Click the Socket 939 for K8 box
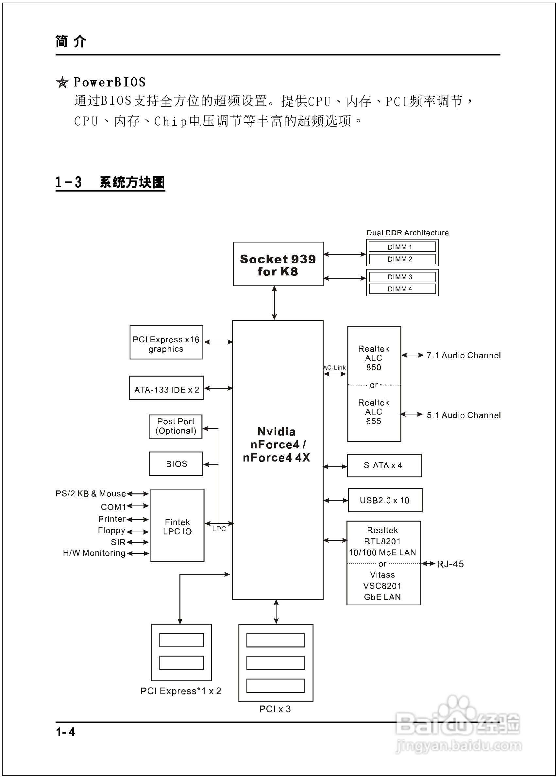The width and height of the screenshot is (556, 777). point(278,264)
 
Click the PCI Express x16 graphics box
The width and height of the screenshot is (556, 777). point(166,342)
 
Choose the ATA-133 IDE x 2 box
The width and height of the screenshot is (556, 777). point(166,388)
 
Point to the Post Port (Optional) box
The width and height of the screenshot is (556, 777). point(176,426)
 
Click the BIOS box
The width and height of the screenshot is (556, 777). point(176,463)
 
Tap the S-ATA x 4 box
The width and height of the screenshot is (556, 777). point(384,465)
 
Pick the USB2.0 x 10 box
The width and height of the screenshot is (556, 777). point(385,500)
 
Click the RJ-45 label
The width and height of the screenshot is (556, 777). point(450,564)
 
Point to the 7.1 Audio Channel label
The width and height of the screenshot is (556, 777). point(463,355)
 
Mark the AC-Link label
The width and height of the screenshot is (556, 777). point(334,367)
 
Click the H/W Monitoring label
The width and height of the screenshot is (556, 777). point(94,553)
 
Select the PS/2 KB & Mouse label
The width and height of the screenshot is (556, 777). point(91,494)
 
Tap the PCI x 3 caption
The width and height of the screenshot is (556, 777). point(275,709)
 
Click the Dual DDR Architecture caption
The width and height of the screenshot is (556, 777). point(407,233)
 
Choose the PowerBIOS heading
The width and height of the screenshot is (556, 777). point(110,82)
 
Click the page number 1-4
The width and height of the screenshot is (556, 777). point(65,732)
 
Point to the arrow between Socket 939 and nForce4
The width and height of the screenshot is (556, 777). point(274,303)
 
